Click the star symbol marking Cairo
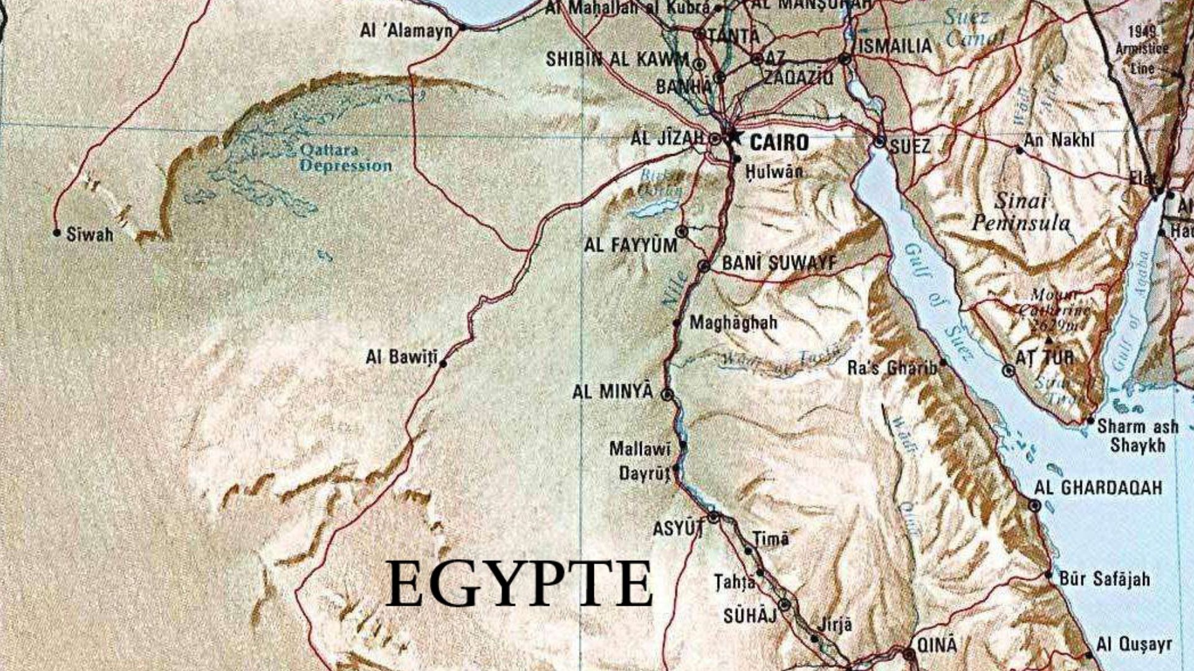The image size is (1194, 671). click(x=734, y=137)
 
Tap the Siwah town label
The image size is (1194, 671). click(x=90, y=235)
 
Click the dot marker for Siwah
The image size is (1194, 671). click(x=57, y=233)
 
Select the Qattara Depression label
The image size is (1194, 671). click(x=345, y=158)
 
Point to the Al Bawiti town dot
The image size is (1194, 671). click(x=443, y=363)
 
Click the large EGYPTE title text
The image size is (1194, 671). click(x=519, y=584)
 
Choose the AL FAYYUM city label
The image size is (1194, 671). click(x=630, y=245)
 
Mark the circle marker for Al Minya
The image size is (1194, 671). click(x=667, y=394)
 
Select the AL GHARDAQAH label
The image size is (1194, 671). click(x=1098, y=488)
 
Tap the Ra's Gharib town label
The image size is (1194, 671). click(x=892, y=368)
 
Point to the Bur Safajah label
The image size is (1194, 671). click(x=1104, y=579)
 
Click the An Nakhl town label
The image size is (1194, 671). click(x=1058, y=140)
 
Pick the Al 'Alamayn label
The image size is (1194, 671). click(x=406, y=30)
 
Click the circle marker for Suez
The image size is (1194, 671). click(x=879, y=142)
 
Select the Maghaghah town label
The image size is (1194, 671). click(x=733, y=322)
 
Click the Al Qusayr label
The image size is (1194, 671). click(x=1134, y=644)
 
